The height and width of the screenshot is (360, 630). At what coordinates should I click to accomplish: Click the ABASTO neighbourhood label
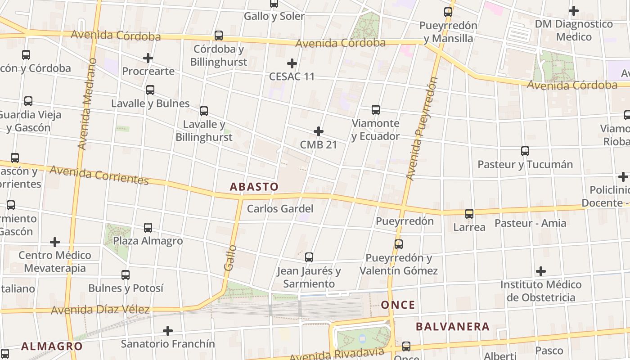coord(254,187)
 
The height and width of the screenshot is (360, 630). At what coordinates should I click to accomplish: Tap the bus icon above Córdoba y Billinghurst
coord(219,36)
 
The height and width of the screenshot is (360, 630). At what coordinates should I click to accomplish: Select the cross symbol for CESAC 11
coord(292,63)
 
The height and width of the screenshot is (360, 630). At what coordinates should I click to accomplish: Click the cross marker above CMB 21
coord(319,131)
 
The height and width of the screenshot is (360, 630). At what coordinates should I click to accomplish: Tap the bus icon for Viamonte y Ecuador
coord(376,110)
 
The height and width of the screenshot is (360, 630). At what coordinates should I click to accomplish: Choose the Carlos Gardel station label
coord(280,209)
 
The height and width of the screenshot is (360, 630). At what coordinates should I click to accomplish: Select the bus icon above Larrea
coord(469,214)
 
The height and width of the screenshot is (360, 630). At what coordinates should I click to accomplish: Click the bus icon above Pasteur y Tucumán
coord(525,151)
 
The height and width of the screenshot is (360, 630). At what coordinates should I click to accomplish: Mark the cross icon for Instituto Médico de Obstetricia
coord(541,271)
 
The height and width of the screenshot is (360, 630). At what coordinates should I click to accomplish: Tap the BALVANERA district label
coord(453,327)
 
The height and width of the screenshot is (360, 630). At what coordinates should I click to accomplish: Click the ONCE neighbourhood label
coord(398,305)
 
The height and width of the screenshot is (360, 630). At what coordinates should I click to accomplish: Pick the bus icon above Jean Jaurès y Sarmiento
coord(309,257)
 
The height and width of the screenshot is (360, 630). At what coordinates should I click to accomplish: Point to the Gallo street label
coord(230,257)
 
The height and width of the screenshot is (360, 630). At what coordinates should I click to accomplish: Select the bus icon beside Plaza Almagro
coord(148,228)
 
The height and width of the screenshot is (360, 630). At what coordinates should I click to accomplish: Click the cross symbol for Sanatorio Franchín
coord(168,331)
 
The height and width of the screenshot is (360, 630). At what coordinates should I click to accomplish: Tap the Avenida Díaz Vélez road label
coord(100,310)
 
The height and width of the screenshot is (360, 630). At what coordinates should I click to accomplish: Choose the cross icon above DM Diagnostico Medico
coord(574,10)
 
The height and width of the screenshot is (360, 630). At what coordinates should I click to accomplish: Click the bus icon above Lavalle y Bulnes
coord(150,90)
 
